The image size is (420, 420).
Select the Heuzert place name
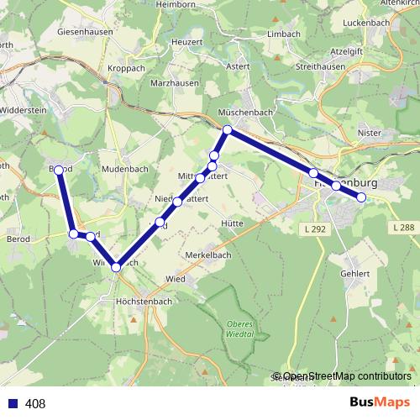point(187,41)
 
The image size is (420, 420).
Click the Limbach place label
point(283,34)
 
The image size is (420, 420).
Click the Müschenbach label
point(244,112)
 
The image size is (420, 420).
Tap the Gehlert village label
point(355,274)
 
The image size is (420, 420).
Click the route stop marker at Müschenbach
point(227,129)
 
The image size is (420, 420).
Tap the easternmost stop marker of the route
point(362,197)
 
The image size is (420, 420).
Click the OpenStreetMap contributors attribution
point(346,376)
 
